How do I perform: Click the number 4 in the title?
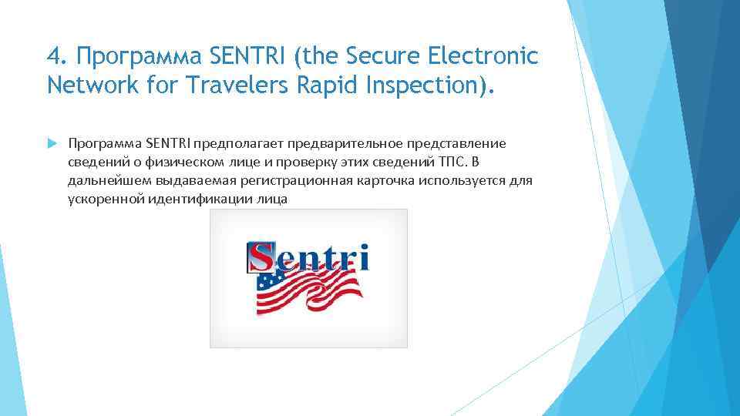pyautogui.click(x=52, y=56)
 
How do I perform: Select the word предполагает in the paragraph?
pyautogui.click(x=236, y=144)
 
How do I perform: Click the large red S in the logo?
pyautogui.click(x=262, y=258)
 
